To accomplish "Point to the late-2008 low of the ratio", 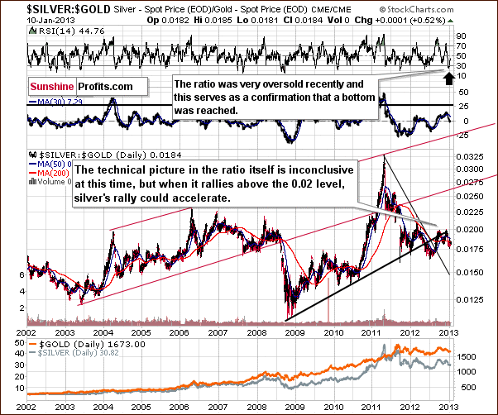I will pyautogui.click(x=286, y=317).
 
